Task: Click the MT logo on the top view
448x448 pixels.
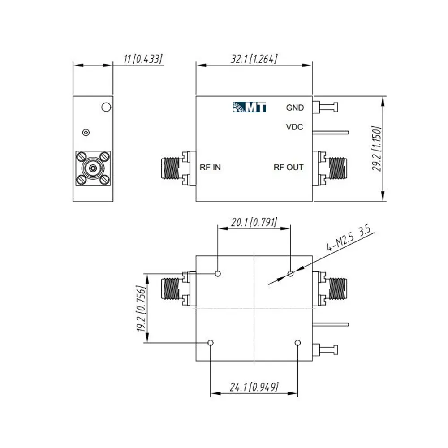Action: tap(249, 107)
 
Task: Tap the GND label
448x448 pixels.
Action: tap(295, 108)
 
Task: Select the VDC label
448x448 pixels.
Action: tap(295, 127)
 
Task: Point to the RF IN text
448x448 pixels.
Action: tap(210, 167)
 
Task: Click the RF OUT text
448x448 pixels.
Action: tap(289, 167)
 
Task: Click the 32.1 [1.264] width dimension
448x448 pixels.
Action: tap(254, 59)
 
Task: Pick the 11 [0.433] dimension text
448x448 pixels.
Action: tap(143, 59)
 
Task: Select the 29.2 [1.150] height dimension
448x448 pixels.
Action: tap(377, 149)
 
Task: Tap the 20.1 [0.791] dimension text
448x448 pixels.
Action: tap(254, 222)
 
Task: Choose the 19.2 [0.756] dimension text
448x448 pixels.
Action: tap(142, 308)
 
